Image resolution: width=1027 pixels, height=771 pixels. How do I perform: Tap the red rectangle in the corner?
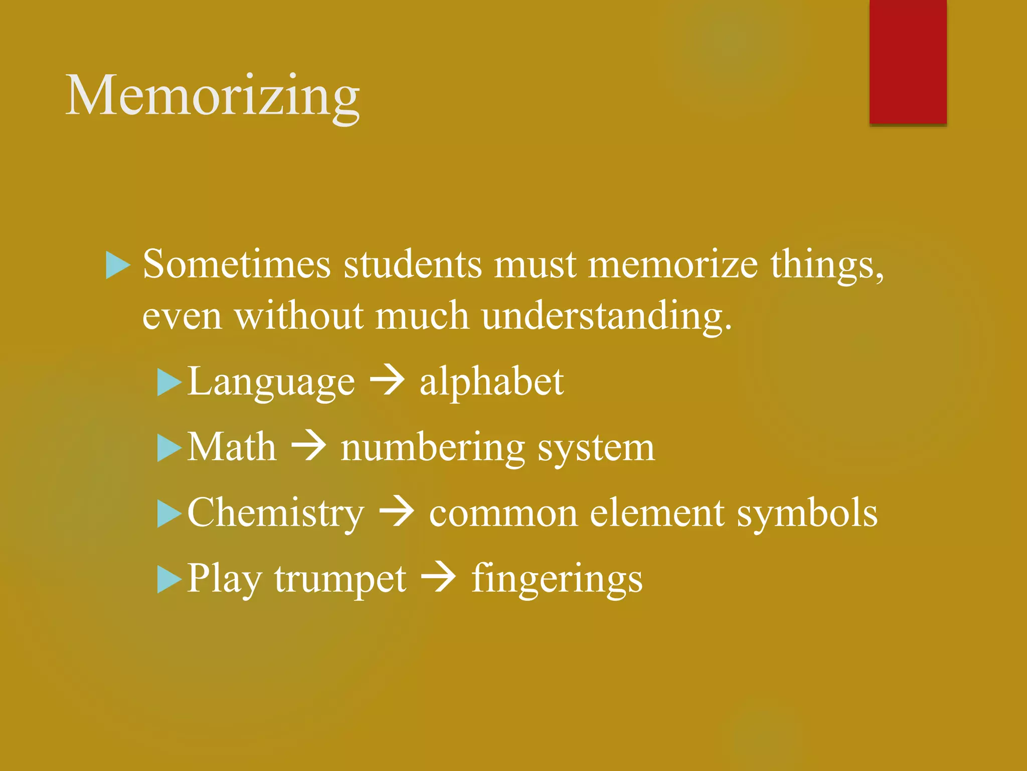(x=908, y=61)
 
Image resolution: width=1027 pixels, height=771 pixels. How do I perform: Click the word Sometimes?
(x=237, y=265)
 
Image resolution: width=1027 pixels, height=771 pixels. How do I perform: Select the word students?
(x=412, y=265)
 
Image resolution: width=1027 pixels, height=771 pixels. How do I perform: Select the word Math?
(x=232, y=447)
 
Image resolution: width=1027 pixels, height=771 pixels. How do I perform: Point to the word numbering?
(x=432, y=448)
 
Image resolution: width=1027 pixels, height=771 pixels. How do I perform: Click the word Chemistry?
(x=276, y=513)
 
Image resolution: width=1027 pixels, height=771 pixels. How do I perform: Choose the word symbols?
(x=807, y=514)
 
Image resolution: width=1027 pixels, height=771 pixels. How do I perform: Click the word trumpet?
(x=340, y=579)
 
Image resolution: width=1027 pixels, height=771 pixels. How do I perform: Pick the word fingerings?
(x=557, y=579)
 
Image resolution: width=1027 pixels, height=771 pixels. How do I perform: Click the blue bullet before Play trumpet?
(x=168, y=579)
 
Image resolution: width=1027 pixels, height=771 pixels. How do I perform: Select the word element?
(x=657, y=513)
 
